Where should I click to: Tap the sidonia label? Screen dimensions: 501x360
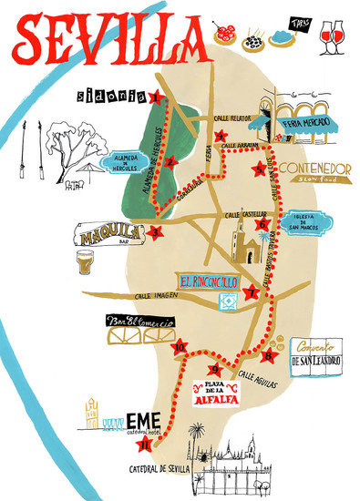click(111, 94)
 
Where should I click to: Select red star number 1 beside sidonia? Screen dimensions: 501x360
click(156, 97)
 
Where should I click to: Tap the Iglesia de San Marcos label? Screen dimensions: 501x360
click(305, 221)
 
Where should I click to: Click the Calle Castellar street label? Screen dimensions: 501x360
click(244, 215)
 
